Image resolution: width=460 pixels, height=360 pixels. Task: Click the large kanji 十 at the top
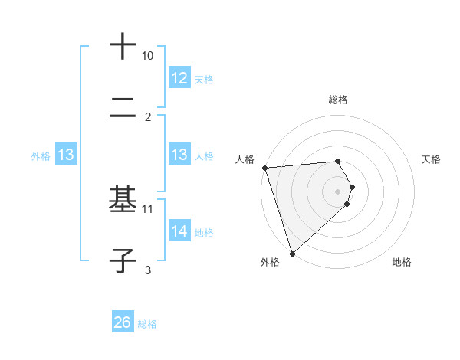pyautogui.click(x=123, y=46)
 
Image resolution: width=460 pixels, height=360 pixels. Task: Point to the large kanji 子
pyautogui.click(x=123, y=261)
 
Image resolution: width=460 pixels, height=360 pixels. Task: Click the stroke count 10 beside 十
pyautogui.click(x=148, y=56)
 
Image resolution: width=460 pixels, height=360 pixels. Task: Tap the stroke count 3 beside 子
pyautogui.click(x=148, y=270)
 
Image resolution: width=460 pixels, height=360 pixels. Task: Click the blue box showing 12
pyautogui.click(x=179, y=78)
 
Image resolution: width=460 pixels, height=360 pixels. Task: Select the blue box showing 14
pyautogui.click(x=179, y=231)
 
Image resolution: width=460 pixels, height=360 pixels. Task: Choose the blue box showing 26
pyautogui.click(x=123, y=323)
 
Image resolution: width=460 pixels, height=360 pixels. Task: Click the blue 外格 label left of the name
pyautogui.click(x=41, y=155)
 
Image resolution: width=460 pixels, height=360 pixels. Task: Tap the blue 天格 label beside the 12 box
pyautogui.click(x=204, y=79)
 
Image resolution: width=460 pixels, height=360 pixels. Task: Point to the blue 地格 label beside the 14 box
pyautogui.click(x=204, y=232)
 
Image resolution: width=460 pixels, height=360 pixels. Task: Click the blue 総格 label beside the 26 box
pyautogui.click(x=147, y=324)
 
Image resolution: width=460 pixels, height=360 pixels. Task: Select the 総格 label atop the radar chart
pyautogui.click(x=338, y=100)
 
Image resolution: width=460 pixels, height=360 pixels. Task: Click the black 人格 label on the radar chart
pyautogui.click(x=246, y=159)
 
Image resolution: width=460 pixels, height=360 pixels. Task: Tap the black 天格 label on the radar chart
pyautogui.click(x=432, y=159)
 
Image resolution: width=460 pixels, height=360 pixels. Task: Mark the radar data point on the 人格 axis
pyautogui.click(x=264, y=167)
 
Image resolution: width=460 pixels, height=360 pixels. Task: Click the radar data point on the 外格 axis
pyautogui.click(x=292, y=253)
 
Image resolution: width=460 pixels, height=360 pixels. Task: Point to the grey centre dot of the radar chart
pyautogui.click(x=338, y=190)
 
